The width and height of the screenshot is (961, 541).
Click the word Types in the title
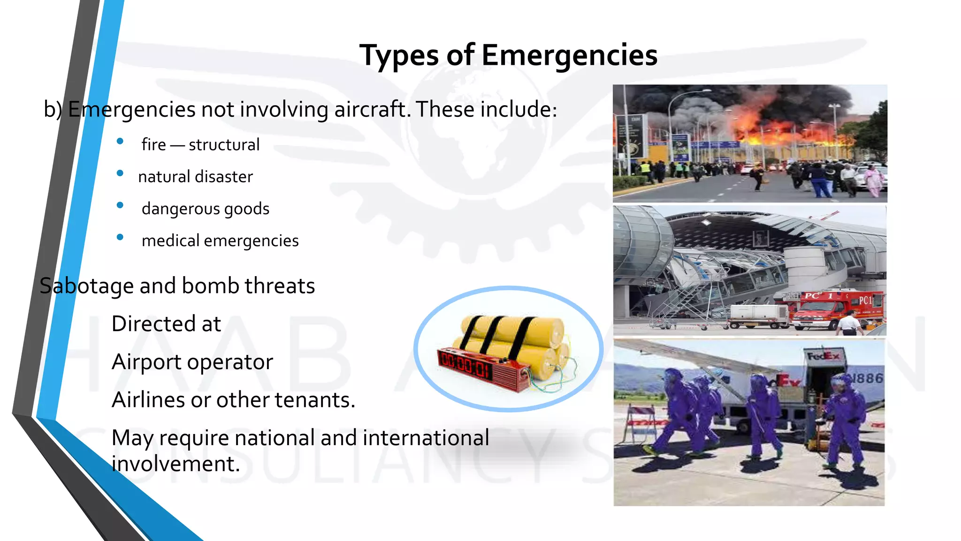pyautogui.click(x=399, y=55)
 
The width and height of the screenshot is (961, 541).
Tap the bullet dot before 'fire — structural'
pyautogui.click(x=120, y=141)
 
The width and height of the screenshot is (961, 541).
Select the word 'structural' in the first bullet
pyautogui.click(x=224, y=145)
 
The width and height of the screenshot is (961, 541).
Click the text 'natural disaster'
pyautogui.click(x=195, y=177)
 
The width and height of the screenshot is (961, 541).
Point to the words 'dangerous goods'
pyautogui.click(x=206, y=209)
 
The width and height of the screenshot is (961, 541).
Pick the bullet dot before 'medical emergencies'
pyautogui.click(x=120, y=237)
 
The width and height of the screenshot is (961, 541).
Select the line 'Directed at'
pyautogui.click(x=166, y=324)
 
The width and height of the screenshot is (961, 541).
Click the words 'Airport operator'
pyautogui.click(x=192, y=362)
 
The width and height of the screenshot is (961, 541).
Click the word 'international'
pyautogui.click(x=426, y=438)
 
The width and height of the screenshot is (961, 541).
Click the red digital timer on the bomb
pyautogui.click(x=465, y=364)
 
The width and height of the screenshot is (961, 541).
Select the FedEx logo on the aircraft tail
pyautogui.click(x=824, y=356)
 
